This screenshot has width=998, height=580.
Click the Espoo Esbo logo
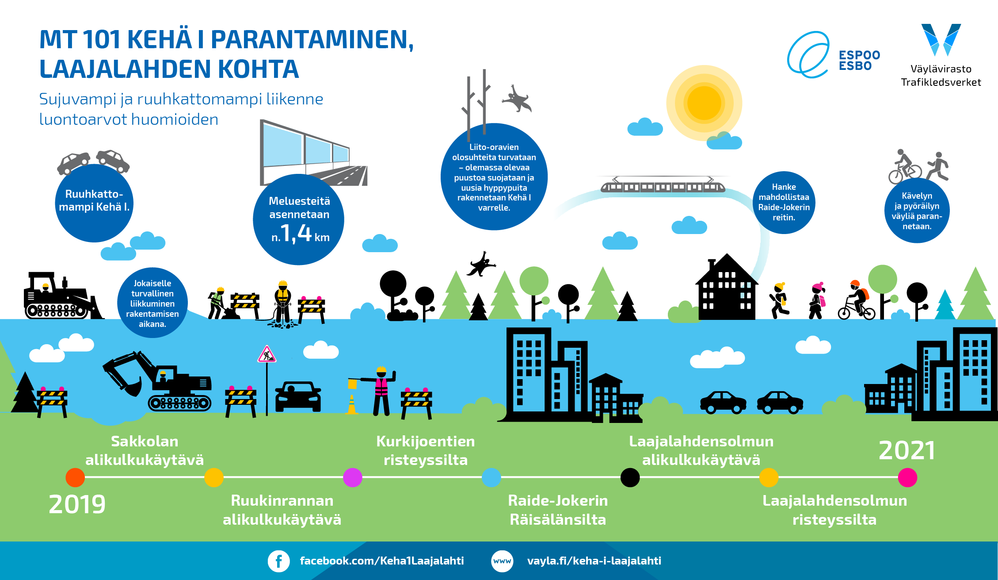coord(834,55)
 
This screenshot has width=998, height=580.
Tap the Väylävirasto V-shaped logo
coord(941,40)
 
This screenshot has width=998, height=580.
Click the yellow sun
coord(704,103)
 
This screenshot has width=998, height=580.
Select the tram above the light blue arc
coord(663,184)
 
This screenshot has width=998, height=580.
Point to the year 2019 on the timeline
coord(77,504)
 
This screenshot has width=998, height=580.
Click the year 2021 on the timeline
coord(907,450)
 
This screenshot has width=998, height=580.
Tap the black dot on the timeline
coord(630,477)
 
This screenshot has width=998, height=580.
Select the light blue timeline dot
coord(491,477)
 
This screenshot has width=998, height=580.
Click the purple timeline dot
coord(352,477)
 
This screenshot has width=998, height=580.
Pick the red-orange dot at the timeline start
coord(75,477)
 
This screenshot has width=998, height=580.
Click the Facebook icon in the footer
coord(278,561)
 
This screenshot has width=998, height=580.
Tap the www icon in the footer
coord(502,561)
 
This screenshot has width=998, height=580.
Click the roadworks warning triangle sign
coord(267,354)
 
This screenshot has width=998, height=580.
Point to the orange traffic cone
coord(352,404)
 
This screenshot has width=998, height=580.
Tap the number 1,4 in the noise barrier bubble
coord(296,233)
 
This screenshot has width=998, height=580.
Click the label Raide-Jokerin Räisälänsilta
coord(558,510)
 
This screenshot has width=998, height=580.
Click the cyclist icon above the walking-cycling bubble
coord(905,167)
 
